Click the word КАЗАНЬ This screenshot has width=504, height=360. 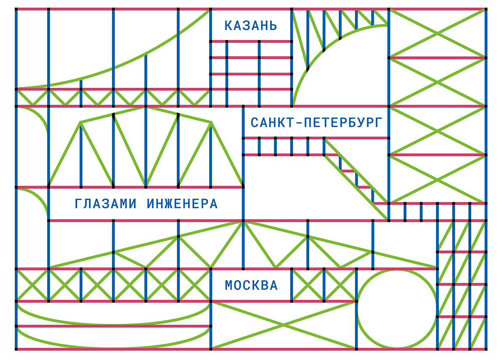pos(251,26)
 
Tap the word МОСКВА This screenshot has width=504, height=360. pos(251,285)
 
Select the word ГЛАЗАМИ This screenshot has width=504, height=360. pos(105,204)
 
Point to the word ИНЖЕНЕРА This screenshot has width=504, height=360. pos(182,204)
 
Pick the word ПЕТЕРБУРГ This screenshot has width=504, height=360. pos(344,123)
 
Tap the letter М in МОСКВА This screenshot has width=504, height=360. pos(228,285)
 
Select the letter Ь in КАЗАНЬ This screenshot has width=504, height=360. pos(273,26)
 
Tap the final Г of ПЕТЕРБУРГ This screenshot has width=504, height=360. pos(379,123)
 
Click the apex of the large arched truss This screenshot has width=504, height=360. pos(146,108)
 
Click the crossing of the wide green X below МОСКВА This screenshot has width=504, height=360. pos(283,325)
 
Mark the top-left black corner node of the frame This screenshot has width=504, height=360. pos(16,9)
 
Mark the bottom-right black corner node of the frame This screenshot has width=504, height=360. pos(486,349)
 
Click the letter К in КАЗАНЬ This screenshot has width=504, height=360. pos(228,26)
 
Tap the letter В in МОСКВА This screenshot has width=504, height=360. pos(265,285)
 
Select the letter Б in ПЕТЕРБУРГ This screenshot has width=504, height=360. pos(353,123)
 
